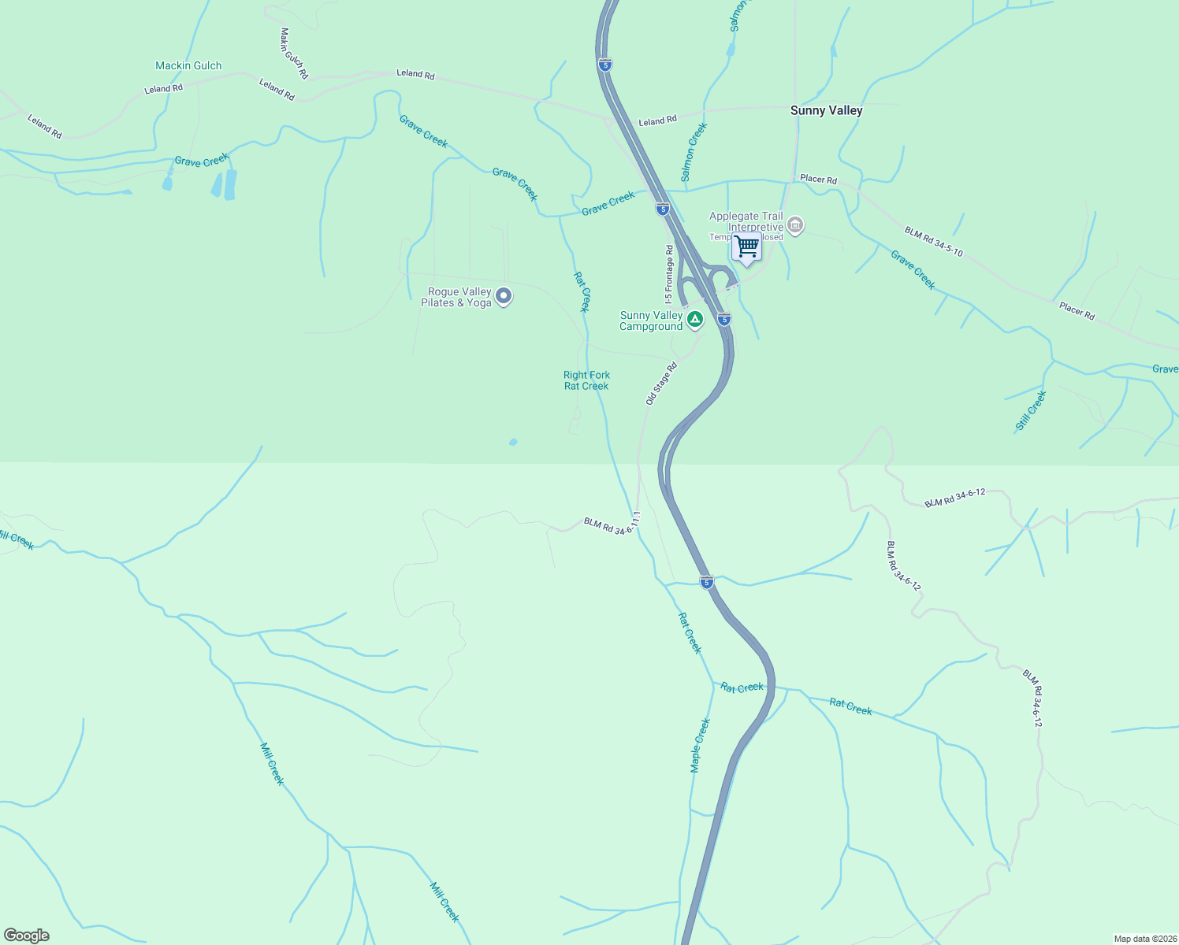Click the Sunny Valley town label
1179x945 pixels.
click(826, 110)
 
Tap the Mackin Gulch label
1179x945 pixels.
click(188, 66)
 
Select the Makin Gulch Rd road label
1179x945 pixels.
click(294, 54)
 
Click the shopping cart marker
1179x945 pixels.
click(746, 246)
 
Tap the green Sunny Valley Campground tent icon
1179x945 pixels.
click(694, 319)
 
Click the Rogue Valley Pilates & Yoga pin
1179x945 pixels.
click(504, 297)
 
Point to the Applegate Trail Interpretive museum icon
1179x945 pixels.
click(795, 226)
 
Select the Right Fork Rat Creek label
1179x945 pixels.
click(586, 380)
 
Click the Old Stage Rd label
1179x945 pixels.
click(661, 384)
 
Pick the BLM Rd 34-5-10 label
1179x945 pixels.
click(933, 242)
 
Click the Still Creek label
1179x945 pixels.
click(1030, 410)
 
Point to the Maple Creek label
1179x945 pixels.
click(700, 745)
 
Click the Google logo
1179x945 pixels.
click(27, 936)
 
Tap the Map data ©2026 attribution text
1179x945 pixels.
click(1144, 939)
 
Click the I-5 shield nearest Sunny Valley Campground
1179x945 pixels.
click(724, 319)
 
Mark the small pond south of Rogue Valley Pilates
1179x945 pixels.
click(513, 443)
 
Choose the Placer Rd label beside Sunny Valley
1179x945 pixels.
click(818, 180)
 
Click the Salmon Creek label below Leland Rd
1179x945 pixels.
click(694, 152)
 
